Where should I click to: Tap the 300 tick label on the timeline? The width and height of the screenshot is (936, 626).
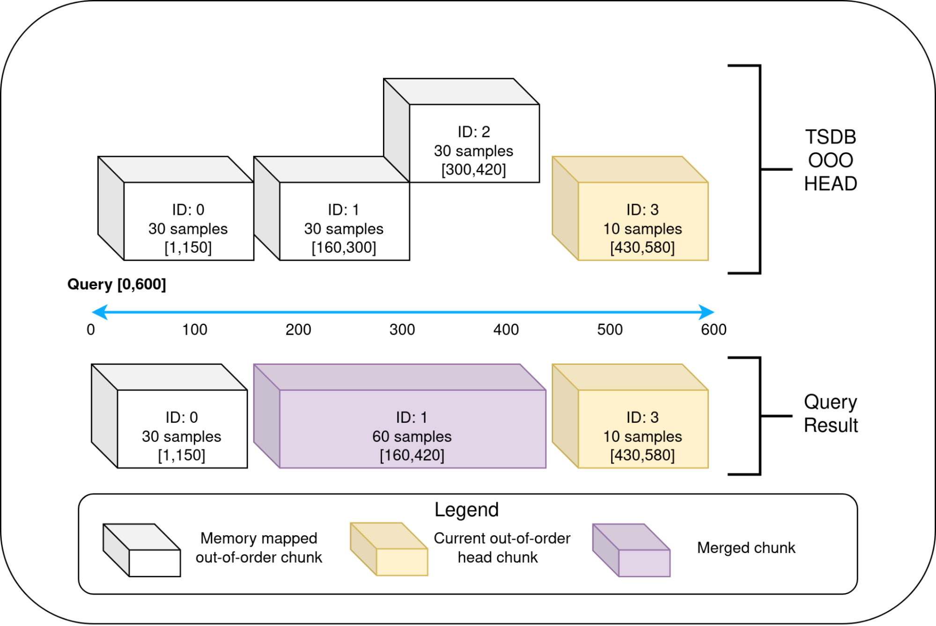pyautogui.click(x=402, y=330)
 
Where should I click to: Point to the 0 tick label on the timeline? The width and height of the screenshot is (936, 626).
pyautogui.click(x=91, y=330)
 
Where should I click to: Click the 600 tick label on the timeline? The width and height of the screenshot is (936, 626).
pyautogui.click(x=714, y=330)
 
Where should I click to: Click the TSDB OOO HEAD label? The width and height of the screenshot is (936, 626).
pyautogui.click(x=830, y=161)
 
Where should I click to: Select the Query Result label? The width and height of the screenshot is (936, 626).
pyautogui.click(x=830, y=413)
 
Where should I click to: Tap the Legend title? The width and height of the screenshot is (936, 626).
pyautogui.click(x=466, y=509)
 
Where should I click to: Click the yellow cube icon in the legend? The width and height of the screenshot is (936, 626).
pyautogui.click(x=389, y=550)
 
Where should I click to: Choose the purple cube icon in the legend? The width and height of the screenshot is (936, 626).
pyautogui.click(x=631, y=551)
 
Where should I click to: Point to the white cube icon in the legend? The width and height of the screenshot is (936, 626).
pyautogui.click(x=142, y=551)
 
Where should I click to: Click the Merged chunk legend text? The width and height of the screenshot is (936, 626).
pyautogui.click(x=746, y=548)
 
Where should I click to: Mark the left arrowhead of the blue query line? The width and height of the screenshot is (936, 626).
pyautogui.click(x=100, y=312)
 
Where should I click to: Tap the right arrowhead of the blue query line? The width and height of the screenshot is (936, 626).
pyautogui.click(x=706, y=312)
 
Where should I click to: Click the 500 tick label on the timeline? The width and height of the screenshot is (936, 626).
pyautogui.click(x=610, y=330)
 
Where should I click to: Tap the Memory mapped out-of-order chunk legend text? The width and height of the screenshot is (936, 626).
pyautogui.click(x=259, y=548)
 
